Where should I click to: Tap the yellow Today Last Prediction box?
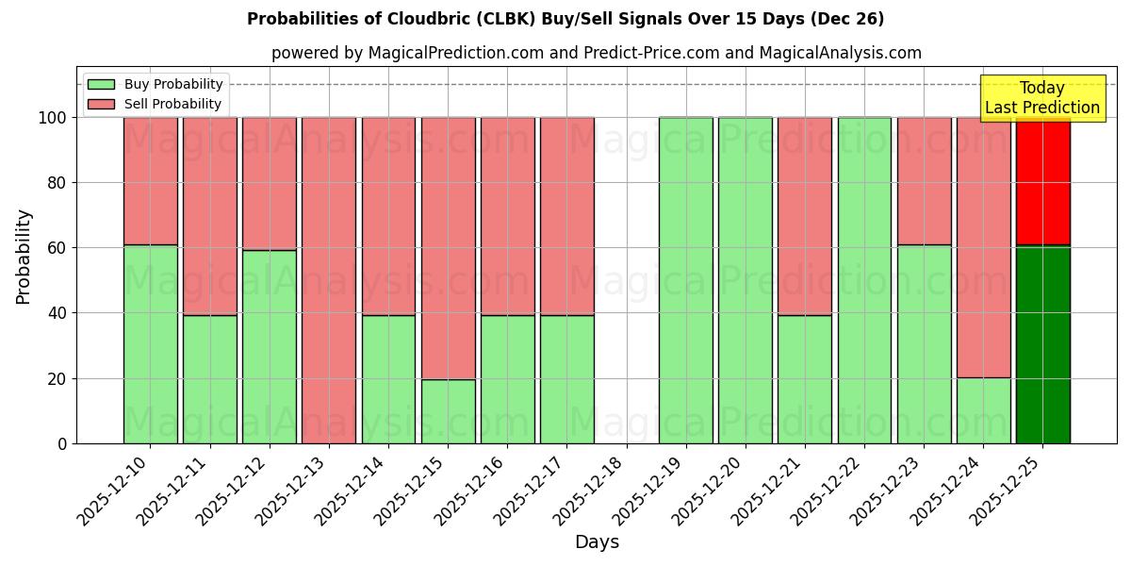point(1041,98)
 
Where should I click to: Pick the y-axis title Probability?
point(24,257)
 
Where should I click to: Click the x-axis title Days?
point(597,542)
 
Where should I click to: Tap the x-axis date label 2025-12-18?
point(588,491)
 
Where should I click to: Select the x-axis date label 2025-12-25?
point(1006,491)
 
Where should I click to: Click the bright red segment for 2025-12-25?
point(1042,181)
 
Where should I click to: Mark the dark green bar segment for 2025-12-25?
point(1042,344)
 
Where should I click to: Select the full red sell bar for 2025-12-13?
point(329,280)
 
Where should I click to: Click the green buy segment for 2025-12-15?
point(448,411)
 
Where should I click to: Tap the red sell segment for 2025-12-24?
point(983,247)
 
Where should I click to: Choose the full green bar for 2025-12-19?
point(685,280)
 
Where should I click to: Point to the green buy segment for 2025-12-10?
point(150,344)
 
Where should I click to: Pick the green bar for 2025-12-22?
point(864,280)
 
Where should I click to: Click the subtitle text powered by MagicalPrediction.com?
point(596,53)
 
